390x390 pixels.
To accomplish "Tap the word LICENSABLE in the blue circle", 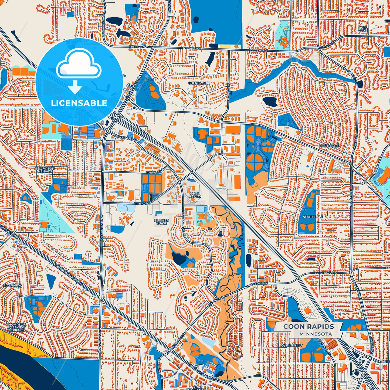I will click(x=79, y=103).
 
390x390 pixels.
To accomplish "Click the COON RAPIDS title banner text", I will click(x=308, y=327).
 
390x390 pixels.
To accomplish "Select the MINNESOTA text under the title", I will click(x=316, y=334).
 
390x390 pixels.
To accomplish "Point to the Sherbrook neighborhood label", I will click(x=199, y=83).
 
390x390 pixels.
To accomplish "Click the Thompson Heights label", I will click(x=45, y=170).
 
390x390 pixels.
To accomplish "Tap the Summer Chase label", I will click(x=162, y=222).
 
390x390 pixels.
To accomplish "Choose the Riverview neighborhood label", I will click(x=12, y=285).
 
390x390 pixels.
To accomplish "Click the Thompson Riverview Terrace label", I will click(x=16, y=327).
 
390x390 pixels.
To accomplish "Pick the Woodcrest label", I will click(x=291, y=345).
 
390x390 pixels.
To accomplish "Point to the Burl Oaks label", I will click(x=363, y=29).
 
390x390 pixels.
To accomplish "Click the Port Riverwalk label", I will click(x=198, y=388).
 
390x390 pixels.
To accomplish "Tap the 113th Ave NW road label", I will click(x=155, y=172).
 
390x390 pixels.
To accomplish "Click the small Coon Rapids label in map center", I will click(x=195, y=195).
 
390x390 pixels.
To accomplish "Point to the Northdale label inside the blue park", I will click(x=313, y=217).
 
